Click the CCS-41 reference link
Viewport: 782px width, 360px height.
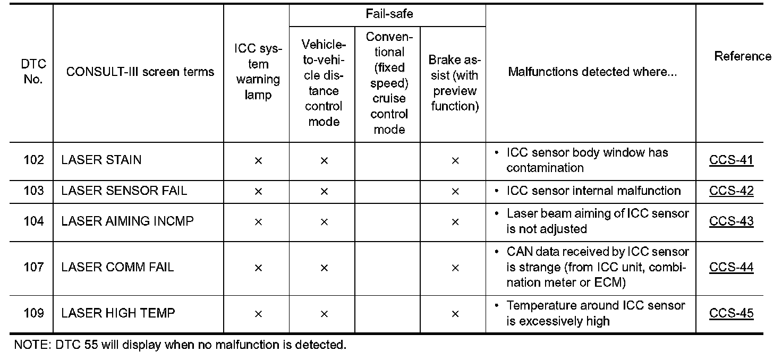tap(731, 160)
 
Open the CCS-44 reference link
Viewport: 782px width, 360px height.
tap(731, 268)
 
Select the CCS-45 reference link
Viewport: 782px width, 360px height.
tap(731, 313)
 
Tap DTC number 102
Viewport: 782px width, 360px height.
tap(34, 160)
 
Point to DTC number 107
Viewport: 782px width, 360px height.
tap(34, 267)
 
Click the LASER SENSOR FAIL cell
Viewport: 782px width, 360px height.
tap(124, 191)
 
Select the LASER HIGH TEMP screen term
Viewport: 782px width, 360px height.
tap(118, 313)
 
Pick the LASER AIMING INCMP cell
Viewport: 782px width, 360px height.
tap(127, 221)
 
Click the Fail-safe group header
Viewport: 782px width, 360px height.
tap(389, 14)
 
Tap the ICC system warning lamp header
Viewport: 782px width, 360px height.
tap(258, 72)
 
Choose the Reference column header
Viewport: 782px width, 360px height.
tap(743, 56)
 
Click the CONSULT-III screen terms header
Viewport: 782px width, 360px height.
tap(140, 72)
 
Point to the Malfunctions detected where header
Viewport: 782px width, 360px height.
tap(592, 72)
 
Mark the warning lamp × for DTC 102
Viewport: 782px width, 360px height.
tap(258, 161)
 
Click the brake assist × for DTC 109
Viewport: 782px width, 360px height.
tap(455, 314)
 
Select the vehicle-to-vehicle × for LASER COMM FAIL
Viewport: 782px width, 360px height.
tap(324, 268)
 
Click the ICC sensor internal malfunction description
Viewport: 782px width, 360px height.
tap(593, 191)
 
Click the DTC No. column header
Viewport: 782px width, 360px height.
tap(34, 72)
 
